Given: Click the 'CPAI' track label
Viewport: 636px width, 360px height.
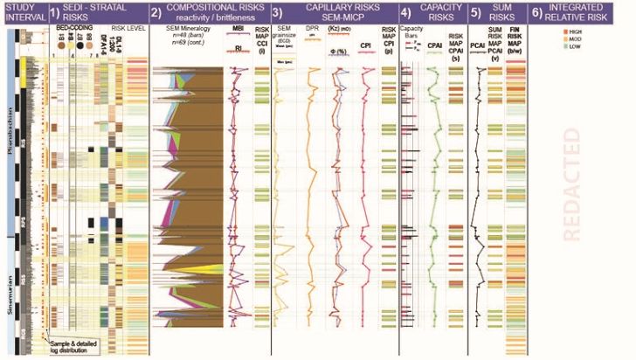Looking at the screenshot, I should (431, 59).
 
